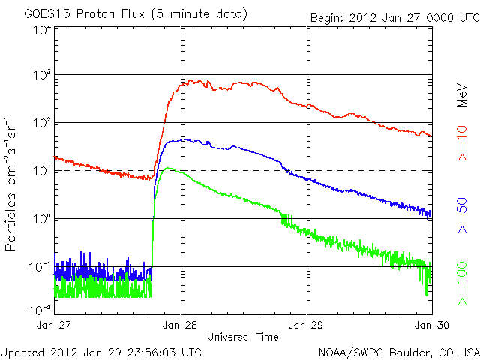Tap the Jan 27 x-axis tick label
pos(55,325)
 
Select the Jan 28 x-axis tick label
pos(181,325)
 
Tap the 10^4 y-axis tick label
pos(42,31)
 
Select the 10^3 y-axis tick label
pos(42,75)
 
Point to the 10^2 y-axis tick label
pos(42,122)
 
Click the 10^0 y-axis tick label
pos(42,218)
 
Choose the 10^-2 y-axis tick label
pos(40,308)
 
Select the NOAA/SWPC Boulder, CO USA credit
pos(398,351)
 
